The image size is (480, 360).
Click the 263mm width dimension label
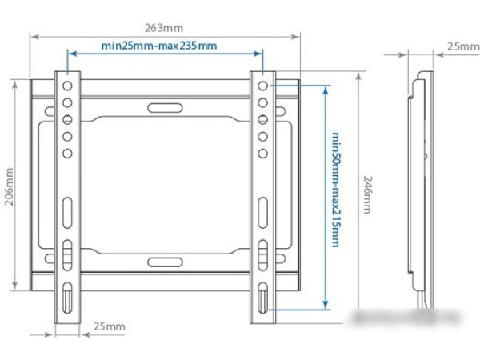[x=165, y=28]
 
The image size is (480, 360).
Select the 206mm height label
[x=9, y=186]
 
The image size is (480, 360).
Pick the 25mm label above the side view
[x=462, y=46]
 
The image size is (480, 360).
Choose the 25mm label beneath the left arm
[x=110, y=326]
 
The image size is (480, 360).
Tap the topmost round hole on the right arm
[x=262, y=83]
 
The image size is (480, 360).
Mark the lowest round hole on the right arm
[x=262, y=152]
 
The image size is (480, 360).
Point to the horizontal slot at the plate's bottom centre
[x=164, y=261]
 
